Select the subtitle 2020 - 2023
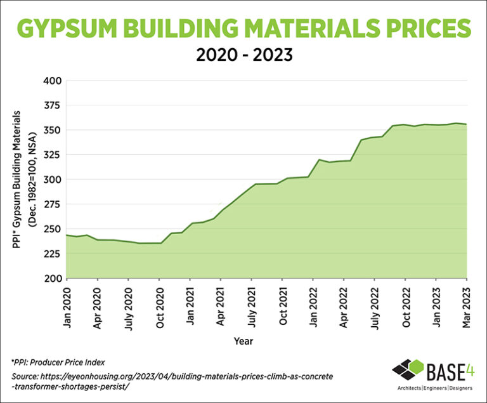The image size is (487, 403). pyautogui.click(x=243, y=55)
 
